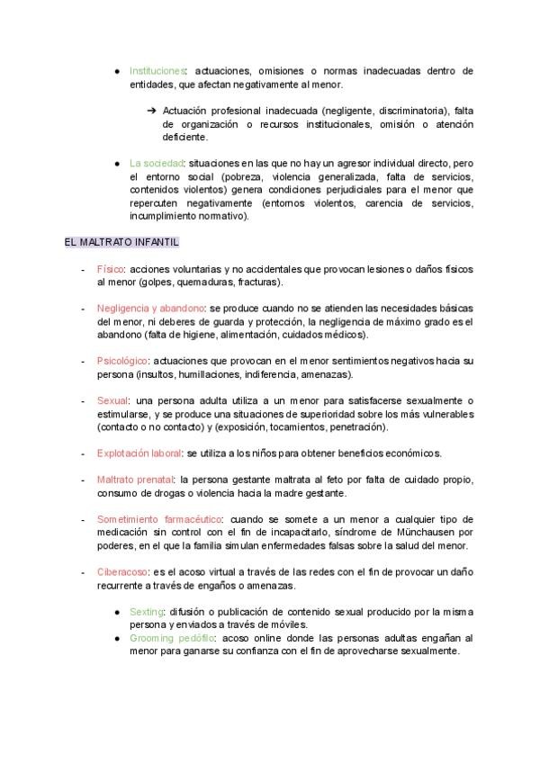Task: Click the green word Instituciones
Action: click(x=157, y=70)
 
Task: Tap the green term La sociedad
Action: click(x=157, y=164)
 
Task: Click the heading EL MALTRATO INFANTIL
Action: click(x=122, y=243)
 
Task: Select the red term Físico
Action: click(x=110, y=269)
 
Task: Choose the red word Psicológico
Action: click(x=121, y=361)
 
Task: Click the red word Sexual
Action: click(x=112, y=400)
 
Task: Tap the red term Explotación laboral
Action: click(x=139, y=453)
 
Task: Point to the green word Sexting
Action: click(x=147, y=611)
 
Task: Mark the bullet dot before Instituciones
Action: click(x=118, y=71)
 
